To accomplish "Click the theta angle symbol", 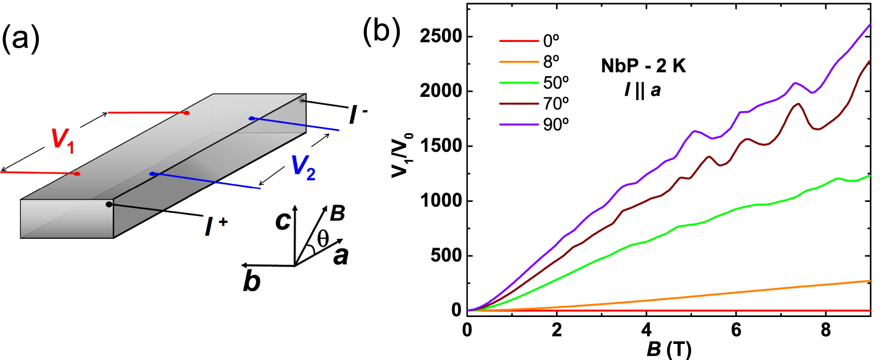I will click(323, 239).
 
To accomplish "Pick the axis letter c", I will click(283, 221).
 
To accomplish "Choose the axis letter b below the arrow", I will click(252, 281).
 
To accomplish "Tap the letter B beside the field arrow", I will click(337, 213).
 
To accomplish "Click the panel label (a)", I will click(21, 38).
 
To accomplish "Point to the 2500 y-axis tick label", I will click(440, 36).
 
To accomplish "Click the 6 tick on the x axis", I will click(736, 330).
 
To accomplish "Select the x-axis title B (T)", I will click(669, 349).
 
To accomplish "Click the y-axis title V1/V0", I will click(402, 155).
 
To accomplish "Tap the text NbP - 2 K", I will click(643, 66).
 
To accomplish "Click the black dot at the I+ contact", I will click(109, 205).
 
